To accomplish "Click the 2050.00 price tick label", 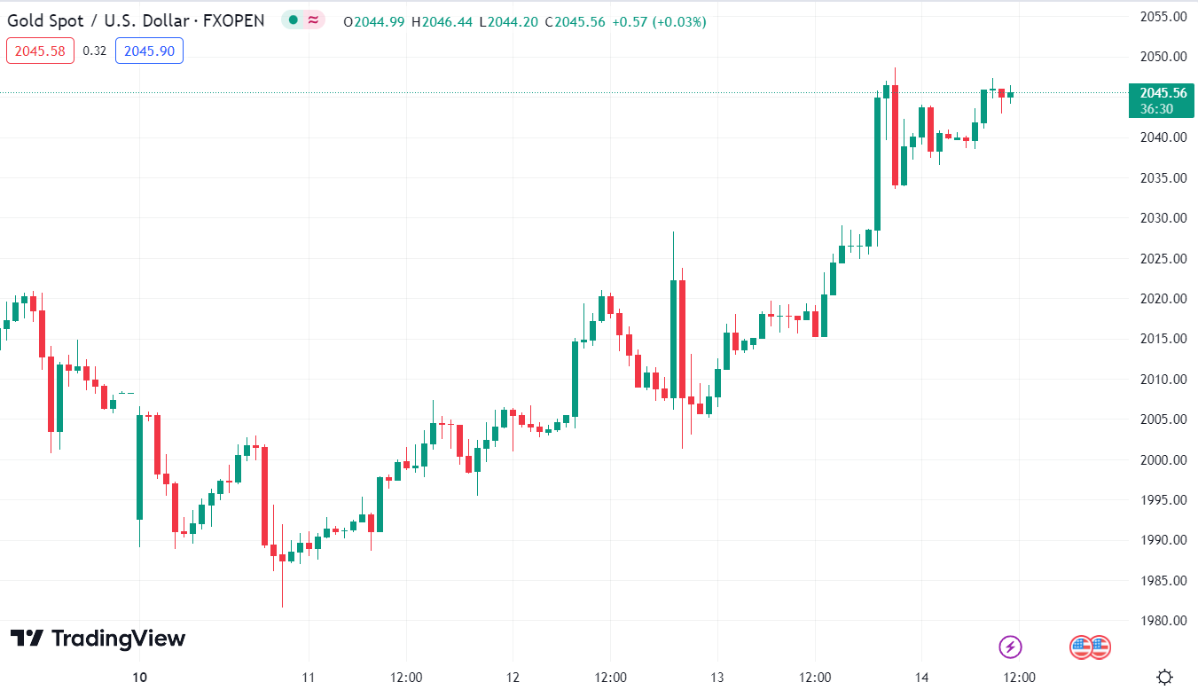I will tap(1163, 57).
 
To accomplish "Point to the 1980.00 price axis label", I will tap(1163, 621).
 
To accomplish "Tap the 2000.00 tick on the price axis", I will tap(1163, 459).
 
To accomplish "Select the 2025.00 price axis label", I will tap(1163, 258).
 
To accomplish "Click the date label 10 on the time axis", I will tap(139, 678).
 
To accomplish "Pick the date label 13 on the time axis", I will tap(717, 678).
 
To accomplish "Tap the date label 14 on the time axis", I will tap(922, 678).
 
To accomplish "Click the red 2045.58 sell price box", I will tap(40, 51).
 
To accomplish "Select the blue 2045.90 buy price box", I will tap(149, 51).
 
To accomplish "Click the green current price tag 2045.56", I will tap(1163, 93).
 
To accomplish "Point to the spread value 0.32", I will tap(95, 51).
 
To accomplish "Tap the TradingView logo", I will tap(98, 639).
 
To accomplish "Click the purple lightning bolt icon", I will tap(1010, 647).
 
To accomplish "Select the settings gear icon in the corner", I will tap(1164, 678).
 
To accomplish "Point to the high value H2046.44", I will tap(442, 21).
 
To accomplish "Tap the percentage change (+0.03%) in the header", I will tap(679, 21).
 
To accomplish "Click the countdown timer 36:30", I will tap(1156, 108).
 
